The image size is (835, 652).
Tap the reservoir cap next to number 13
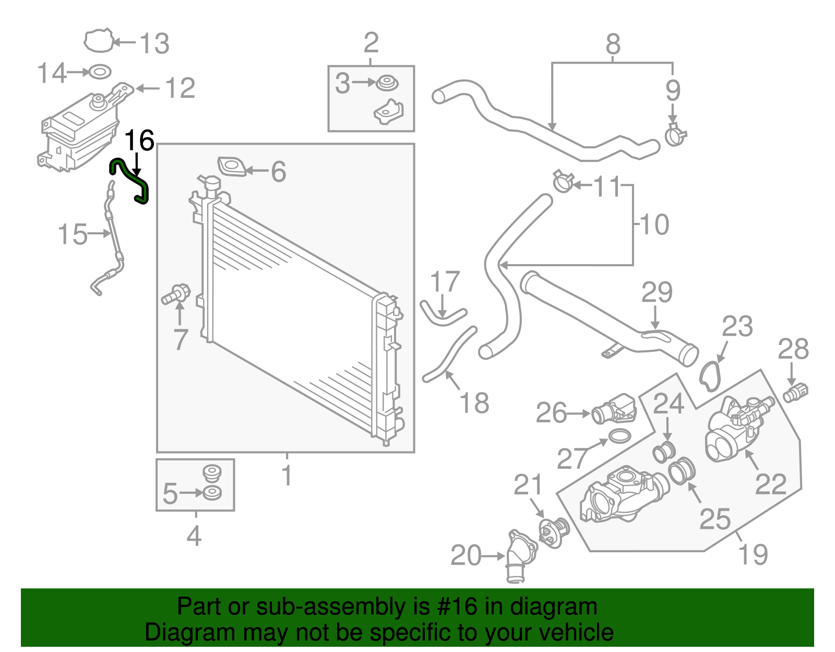(99, 41)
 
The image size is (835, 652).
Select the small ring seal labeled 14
(100, 72)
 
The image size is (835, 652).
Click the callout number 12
(180, 88)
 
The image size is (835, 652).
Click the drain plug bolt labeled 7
(176, 294)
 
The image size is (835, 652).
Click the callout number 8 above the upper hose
(613, 44)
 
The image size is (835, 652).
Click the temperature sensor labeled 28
(796, 392)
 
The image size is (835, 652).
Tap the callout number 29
(657, 292)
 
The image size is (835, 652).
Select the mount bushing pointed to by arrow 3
(387, 83)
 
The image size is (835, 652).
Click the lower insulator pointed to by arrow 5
(212, 492)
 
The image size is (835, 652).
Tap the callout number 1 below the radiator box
(287, 476)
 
